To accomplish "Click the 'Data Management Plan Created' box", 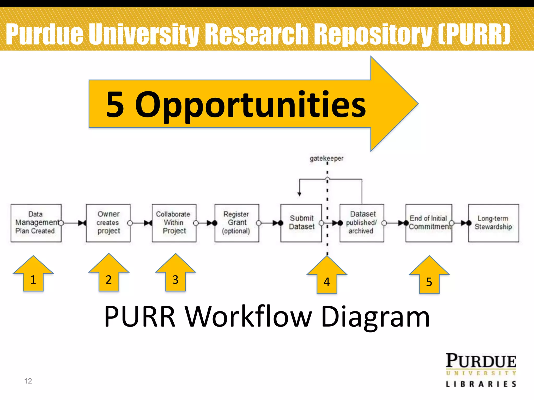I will click(x=36, y=223).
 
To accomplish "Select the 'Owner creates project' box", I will click(x=108, y=223).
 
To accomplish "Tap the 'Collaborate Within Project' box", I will click(x=174, y=223).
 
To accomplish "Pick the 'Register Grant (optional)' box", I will click(x=237, y=223).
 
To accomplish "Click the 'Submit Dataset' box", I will click(x=301, y=223).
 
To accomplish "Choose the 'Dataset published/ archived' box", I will click(x=362, y=223).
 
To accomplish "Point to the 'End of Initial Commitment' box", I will click(x=429, y=223).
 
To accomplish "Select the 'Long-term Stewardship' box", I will click(x=493, y=223).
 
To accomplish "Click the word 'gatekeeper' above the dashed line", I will click(x=326, y=158).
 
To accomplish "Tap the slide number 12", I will click(x=28, y=381).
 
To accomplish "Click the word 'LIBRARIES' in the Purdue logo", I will click(x=481, y=384).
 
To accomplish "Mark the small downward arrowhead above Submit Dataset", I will click(x=299, y=194).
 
